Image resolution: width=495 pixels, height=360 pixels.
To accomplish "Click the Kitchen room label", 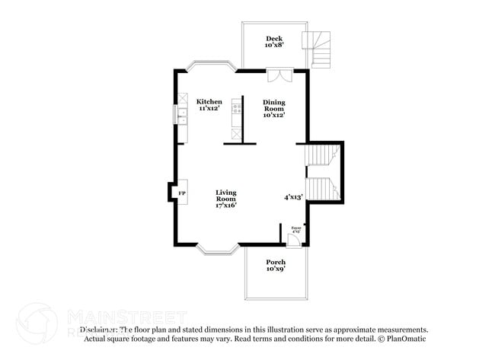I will click(209, 101).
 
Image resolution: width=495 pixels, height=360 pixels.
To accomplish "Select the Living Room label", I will click(225, 196).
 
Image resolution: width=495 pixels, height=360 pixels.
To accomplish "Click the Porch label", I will click(276, 262).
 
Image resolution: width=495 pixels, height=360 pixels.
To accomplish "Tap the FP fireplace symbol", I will click(182, 194).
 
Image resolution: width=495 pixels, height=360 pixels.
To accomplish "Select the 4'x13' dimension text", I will click(294, 197).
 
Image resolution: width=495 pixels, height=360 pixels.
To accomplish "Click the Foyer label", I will click(296, 227).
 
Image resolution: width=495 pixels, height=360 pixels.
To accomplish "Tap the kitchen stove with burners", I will click(238, 106).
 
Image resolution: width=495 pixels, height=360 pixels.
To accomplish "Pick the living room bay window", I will click(218, 248).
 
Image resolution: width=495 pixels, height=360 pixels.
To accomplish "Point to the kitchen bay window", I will click(211, 66).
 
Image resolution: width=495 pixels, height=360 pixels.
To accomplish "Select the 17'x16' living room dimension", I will click(225, 206).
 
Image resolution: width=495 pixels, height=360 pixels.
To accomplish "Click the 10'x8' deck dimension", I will click(274, 46).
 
